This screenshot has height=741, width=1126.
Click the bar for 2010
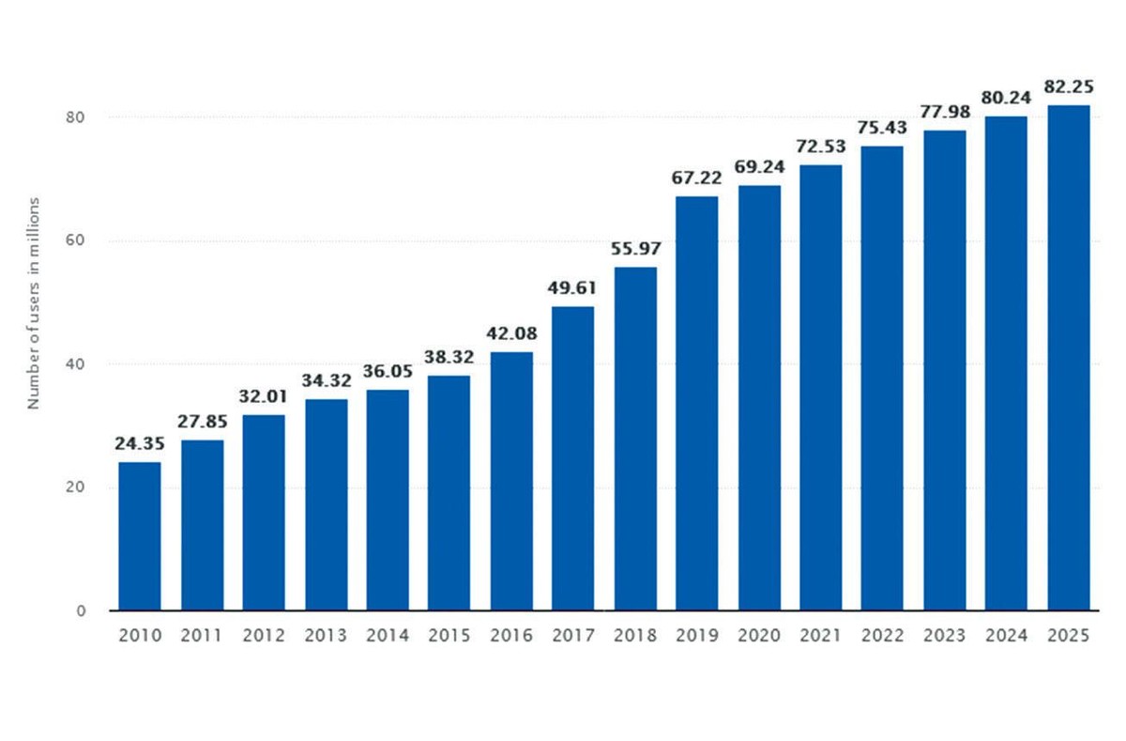pyautogui.click(x=139, y=535)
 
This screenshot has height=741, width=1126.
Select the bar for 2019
pyautogui.click(x=696, y=403)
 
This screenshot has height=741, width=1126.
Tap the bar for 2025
pyautogui.click(x=1068, y=357)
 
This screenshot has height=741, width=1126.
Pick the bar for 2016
pyautogui.click(x=510, y=481)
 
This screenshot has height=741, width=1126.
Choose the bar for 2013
pyautogui.click(x=326, y=504)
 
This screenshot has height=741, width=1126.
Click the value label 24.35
pyautogui.click(x=139, y=443)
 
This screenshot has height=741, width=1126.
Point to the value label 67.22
pyautogui.click(x=696, y=178)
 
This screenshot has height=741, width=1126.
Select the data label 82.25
pyautogui.click(x=1068, y=86)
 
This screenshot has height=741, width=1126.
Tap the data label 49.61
pyautogui.click(x=572, y=287)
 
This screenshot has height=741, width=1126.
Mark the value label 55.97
pyautogui.click(x=634, y=249)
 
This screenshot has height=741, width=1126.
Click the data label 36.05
pyautogui.click(x=387, y=371)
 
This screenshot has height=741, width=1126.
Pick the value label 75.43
pyautogui.click(x=882, y=127)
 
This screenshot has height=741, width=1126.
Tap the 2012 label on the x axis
pyautogui.click(x=263, y=636)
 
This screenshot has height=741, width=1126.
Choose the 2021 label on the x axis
pyautogui.click(x=820, y=636)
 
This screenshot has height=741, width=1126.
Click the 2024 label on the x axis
pyautogui.click(x=1006, y=636)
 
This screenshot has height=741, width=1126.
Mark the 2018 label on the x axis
pyautogui.click(x=634, y=636)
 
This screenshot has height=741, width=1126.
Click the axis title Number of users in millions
pyautogui.click(x=34, y=302)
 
